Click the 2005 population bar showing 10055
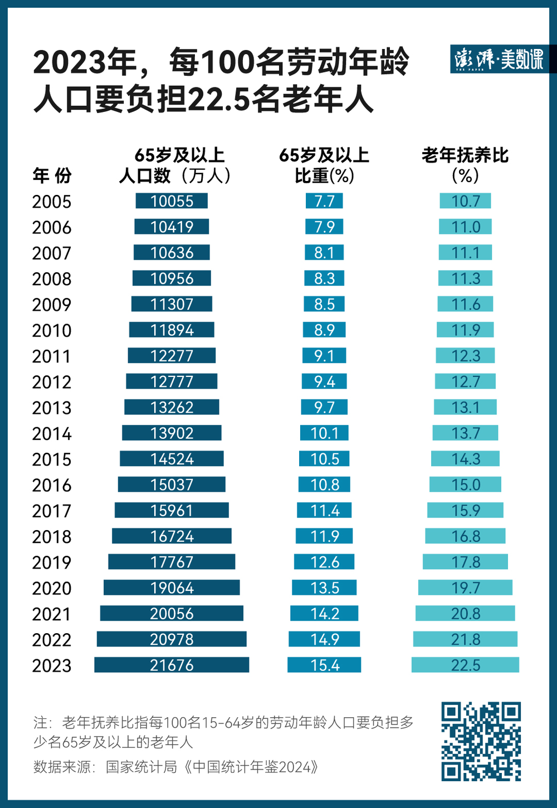pyautogui.click(x=172, y=201)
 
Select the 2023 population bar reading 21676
pyautogui.click(x=172, y=665)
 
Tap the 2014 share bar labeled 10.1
pyautogui.click(x=324, y=433)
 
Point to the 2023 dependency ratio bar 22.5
pyautogui.click(x=465, y=665)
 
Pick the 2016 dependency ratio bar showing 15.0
pyautogui.click(x=465, y=484)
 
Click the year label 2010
pyautogui.click(x=52, y=331)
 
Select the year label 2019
pyautogui.click(x=52, y=562)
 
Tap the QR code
pyautogui.click(x=481, y=741)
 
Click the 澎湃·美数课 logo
pyautogui.click(x=499, y=59)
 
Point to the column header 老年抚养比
pyautogui.click(x=465, y=155)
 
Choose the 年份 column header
pyautogui.click(x=52, y=176)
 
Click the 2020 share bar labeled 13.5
pyautogui.click(x=324, y=587)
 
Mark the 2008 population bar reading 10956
pyautogui.click(x=172, y=278)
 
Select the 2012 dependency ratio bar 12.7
pyautogui.click(x=465, y=381)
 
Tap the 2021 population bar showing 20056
pyautogui.click(x=172, y=613)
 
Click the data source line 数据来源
pyautogui.click(x=176, y=767)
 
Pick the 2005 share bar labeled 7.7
pyautogui.click(x=324, y=201)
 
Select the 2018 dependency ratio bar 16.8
pyautogui.click(x=465, y=536)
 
